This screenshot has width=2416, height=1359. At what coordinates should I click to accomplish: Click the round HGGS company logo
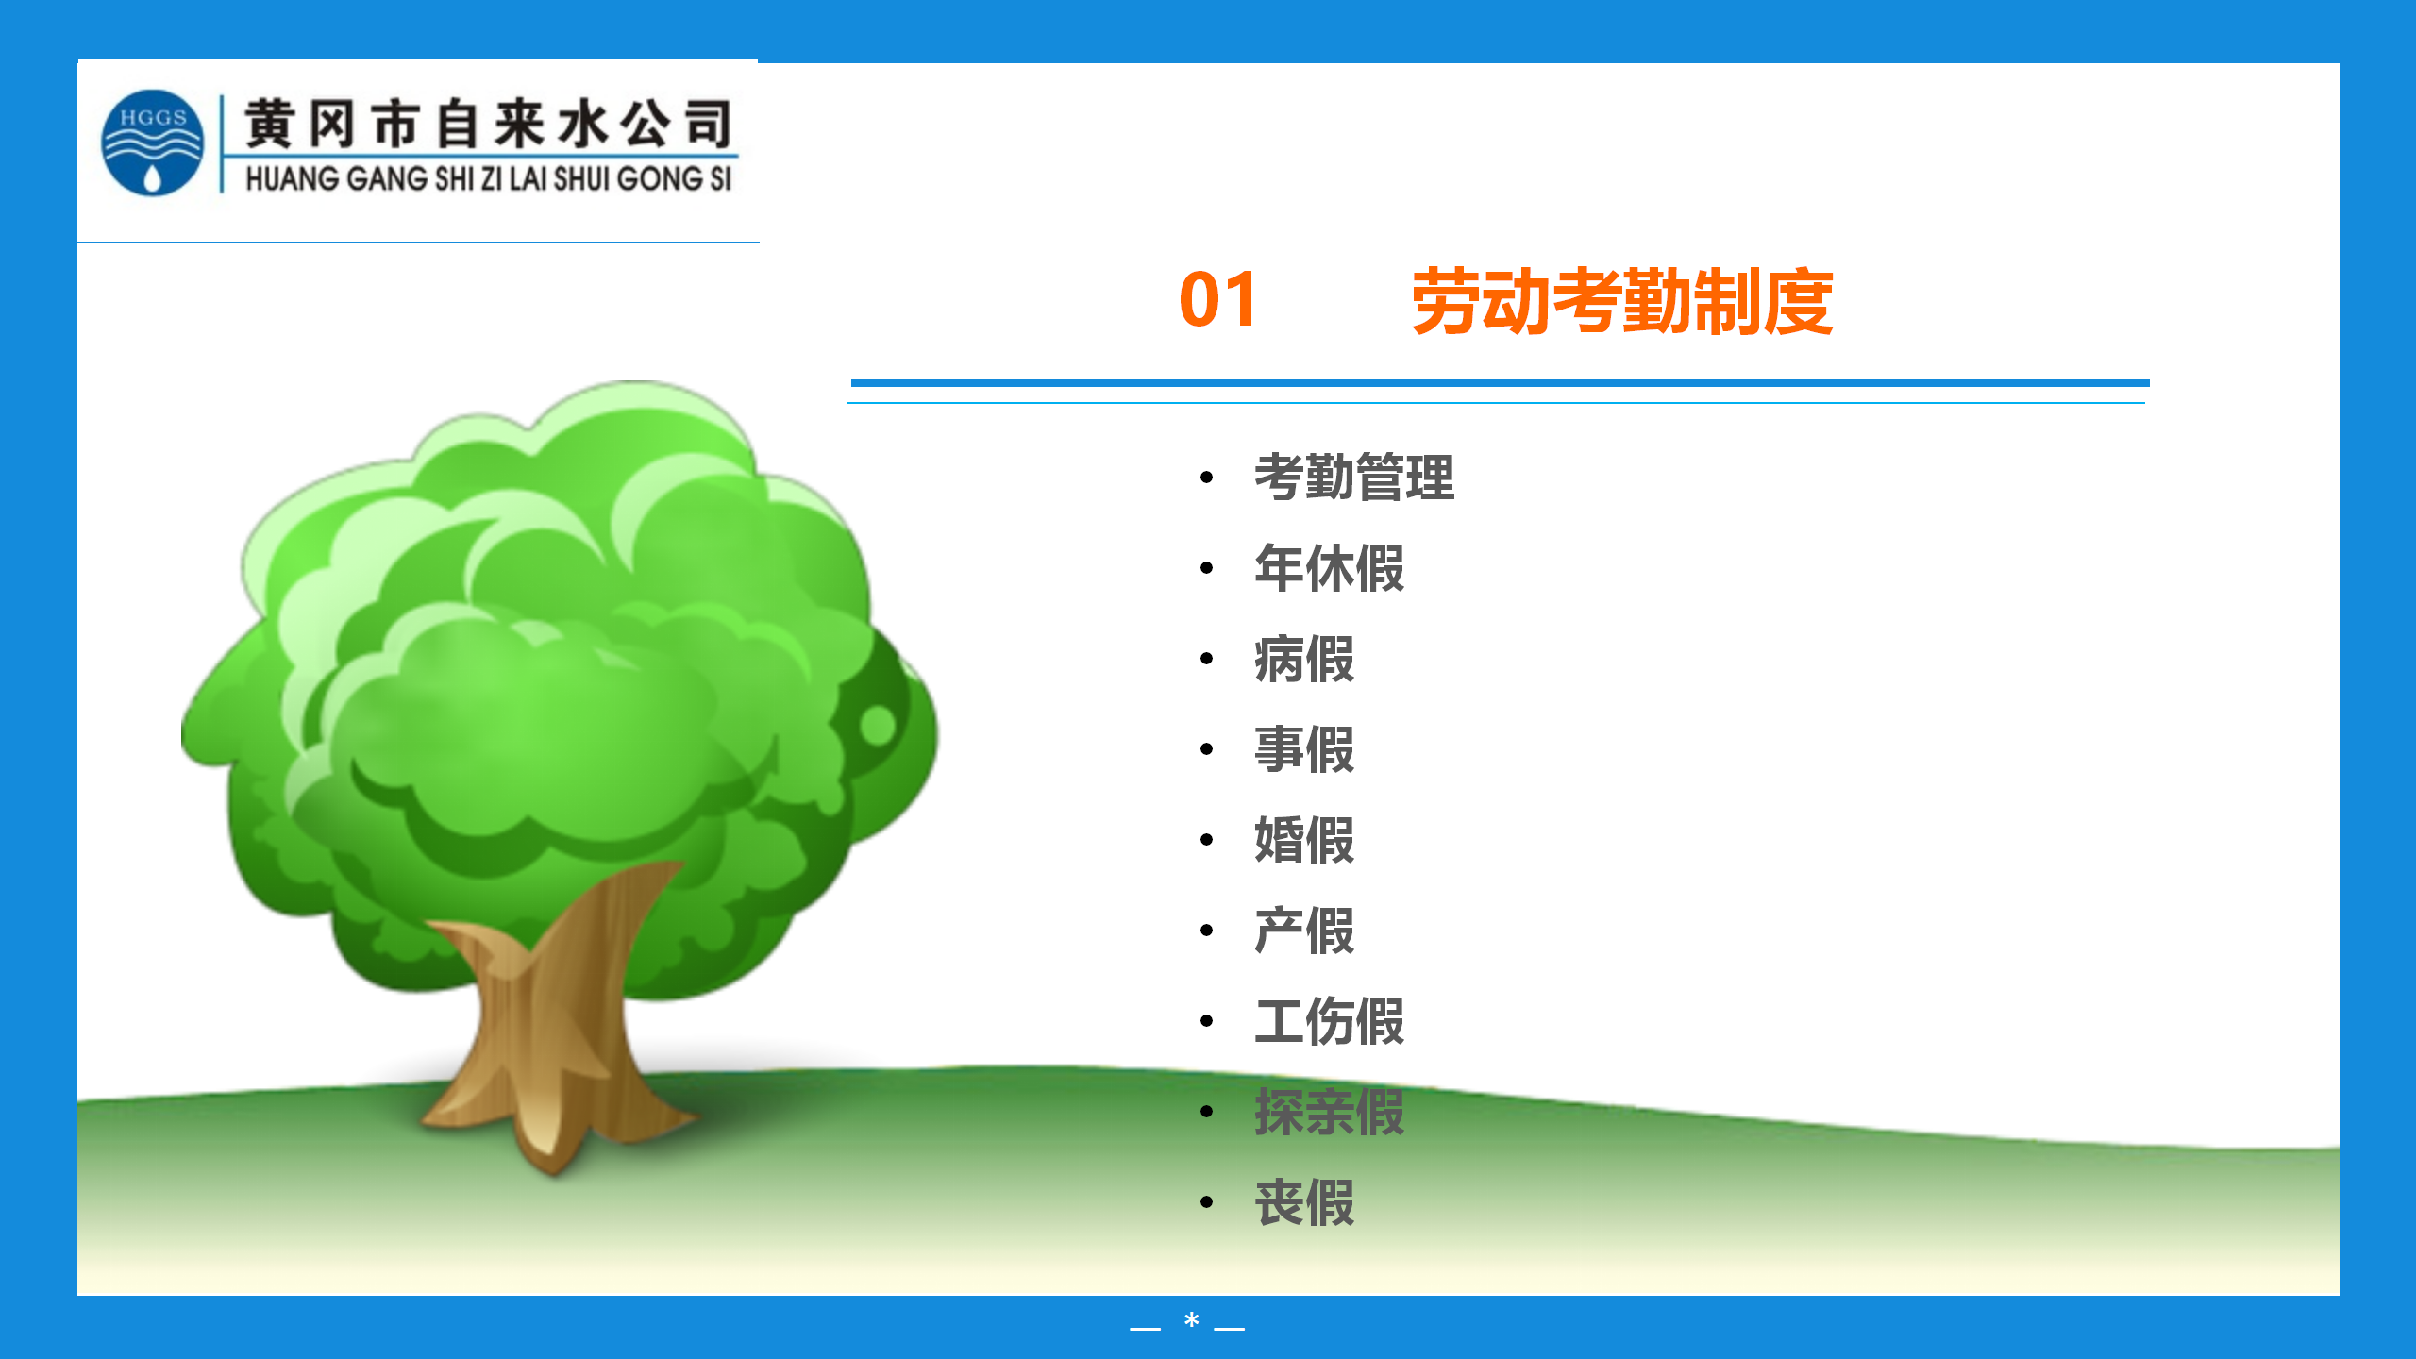pos(152,143)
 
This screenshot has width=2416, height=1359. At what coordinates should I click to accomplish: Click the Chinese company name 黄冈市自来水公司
pos(489,124)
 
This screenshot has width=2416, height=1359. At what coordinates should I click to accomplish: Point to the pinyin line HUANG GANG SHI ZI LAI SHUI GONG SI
pos(489,178)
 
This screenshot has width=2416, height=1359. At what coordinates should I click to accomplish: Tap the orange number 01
pos(1218,300)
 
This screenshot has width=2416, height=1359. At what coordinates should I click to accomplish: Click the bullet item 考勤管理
pos(1354,478)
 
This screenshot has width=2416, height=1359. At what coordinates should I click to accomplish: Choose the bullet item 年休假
pos(1329,568)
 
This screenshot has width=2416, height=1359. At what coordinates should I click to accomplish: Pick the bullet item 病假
pos(1304,659)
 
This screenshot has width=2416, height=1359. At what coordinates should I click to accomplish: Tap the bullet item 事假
pos(1304,749)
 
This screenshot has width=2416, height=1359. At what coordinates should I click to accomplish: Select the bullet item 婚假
pos(1304,840)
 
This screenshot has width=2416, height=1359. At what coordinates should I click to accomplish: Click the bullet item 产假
pos(1304,931)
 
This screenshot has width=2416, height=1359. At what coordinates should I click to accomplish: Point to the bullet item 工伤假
pos(1329,1021)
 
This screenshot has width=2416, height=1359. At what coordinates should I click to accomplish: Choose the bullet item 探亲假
pos(1329,1112)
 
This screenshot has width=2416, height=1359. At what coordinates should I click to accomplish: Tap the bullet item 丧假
pos(1304,1202)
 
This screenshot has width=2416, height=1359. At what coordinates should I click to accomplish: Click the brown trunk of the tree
pos(557,1029)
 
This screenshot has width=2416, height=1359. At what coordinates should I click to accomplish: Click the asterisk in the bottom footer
pos(1192,1320)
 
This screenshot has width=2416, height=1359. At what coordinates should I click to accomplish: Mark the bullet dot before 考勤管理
pos(1206,478)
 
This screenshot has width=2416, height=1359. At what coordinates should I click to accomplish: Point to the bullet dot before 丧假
pos(1206,1202)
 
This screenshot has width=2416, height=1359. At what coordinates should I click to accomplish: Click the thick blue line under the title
pos(1501,383)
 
